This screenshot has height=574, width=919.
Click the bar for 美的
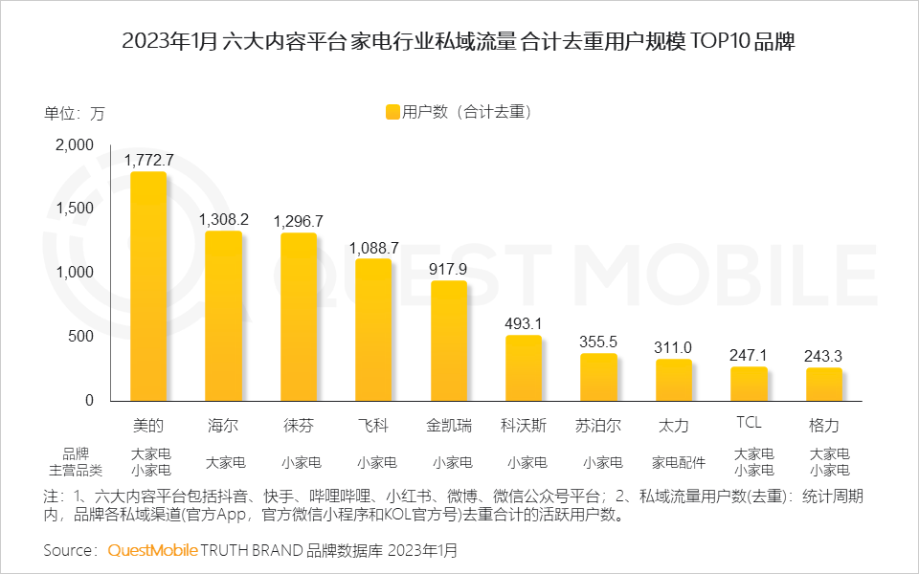click(x=148, y=286)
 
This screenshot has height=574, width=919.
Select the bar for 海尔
click(x=223, y=316)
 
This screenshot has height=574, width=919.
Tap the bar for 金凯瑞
click(x=449, y=341)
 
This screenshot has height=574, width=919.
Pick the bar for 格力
click(x=824, y=384)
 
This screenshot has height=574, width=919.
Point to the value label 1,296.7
click(x=299, y=221)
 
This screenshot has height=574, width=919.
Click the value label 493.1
click(x=524, y=323)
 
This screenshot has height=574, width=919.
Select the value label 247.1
click(x=749, y=355)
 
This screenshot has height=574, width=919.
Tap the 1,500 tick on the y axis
click(x=75, y=209)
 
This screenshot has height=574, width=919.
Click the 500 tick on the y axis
click(x=82, y=337)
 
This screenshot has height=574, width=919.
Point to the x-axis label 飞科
click(x=373, y=424)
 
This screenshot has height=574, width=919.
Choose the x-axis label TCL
click(x=749, y=422)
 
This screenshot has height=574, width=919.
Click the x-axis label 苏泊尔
click(x=598, y=424)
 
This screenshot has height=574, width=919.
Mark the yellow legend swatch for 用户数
click(x=392, y=112)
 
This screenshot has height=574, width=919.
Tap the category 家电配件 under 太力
click(x=674, y=462)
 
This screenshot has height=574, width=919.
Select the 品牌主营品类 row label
click(x=76, y=462)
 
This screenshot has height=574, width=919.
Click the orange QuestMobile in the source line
click(x=152, y=550)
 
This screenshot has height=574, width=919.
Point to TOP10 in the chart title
click(x=717, y=42)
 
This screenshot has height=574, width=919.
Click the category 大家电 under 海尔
click(x=223, y=462)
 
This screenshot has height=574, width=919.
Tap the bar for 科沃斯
click(x=524, y=367)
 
